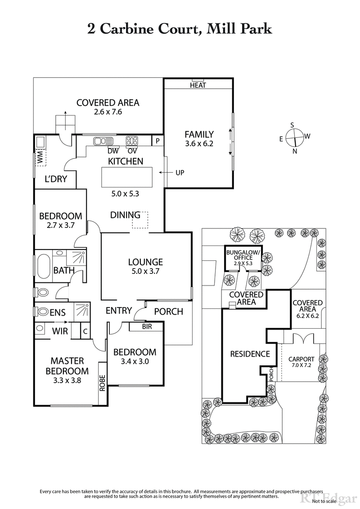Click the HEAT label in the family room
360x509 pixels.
pyautogui.click(x=198, y=85)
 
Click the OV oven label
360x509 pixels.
pyautogui.click(x=132, y=151)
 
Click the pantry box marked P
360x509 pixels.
pyautogui.click(x=157, y=141)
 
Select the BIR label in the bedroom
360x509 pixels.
pyautogui.click(x=146, y=326)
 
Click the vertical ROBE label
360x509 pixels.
pyautogui.click(x=103, y=383)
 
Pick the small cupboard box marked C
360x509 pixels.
pyautogui.click(x=85, y=332)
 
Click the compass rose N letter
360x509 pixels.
pyautogui.click(x=294, y=151)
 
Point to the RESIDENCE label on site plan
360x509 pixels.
pyautogui.click(x=250, y=354)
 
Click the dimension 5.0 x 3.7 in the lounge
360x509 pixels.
pyautogui.click(x=145, y=271)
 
